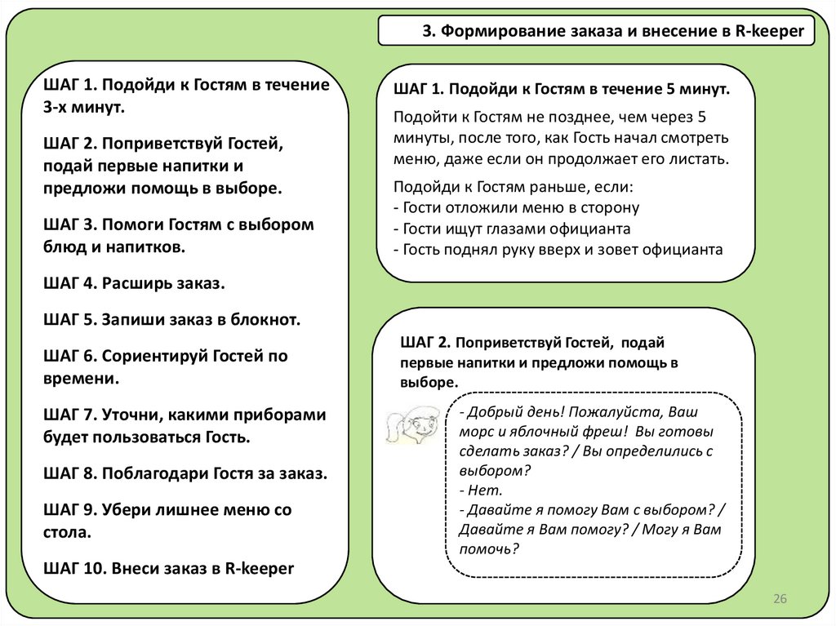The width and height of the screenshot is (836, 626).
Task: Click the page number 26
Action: tap(780, 600)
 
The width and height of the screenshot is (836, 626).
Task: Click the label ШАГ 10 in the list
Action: tap(71, 568)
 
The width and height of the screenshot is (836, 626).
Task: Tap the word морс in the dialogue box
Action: tap(476, 431)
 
